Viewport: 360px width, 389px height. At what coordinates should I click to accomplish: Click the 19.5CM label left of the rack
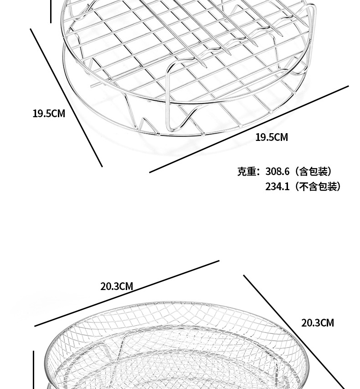pos(49,114)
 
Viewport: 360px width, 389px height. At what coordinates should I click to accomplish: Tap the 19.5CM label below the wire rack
pos(272,137)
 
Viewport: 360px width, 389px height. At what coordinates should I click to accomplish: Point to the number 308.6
pos(278,172)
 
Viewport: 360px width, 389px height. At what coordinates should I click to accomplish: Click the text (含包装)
pos(313,172)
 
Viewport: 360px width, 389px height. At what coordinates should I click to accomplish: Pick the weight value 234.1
pos(278,187)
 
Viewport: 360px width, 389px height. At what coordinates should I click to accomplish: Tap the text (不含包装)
pos(318,187)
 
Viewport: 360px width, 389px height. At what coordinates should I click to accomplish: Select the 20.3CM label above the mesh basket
pos(117,286)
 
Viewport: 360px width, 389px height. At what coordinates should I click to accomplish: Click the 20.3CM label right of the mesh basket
pos(318,323)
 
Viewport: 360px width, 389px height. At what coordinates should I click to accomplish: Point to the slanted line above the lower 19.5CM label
pos(248,129)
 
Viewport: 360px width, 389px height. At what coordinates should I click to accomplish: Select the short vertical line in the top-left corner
pos(51,11)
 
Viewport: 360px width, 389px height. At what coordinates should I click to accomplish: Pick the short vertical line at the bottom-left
pos(33,369)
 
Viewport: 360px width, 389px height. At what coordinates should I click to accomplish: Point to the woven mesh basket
pos(173,347)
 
